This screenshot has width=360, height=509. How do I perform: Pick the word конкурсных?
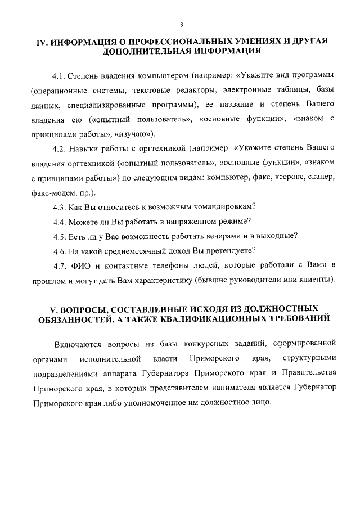pyautogui.click(x=205, y=344)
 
